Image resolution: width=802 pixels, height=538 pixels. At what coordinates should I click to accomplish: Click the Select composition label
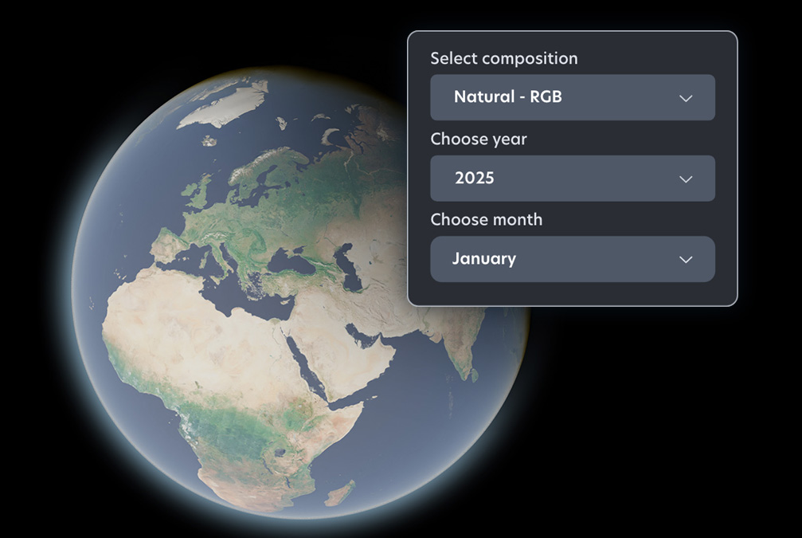(503, 58)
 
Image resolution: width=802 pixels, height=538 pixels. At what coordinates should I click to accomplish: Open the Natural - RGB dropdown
(572, 97)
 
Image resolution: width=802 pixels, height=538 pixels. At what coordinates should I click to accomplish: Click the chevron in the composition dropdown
(686, 98)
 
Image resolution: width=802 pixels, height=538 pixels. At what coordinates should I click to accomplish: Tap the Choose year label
(478, 139)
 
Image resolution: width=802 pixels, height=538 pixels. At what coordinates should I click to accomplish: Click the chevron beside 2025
(686, 179)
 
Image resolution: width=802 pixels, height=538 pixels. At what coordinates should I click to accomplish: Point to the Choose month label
(486, 219)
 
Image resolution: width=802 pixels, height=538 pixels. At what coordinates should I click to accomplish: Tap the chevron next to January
(686, 260)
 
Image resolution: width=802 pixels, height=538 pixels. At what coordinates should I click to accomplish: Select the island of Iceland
(209, 140)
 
